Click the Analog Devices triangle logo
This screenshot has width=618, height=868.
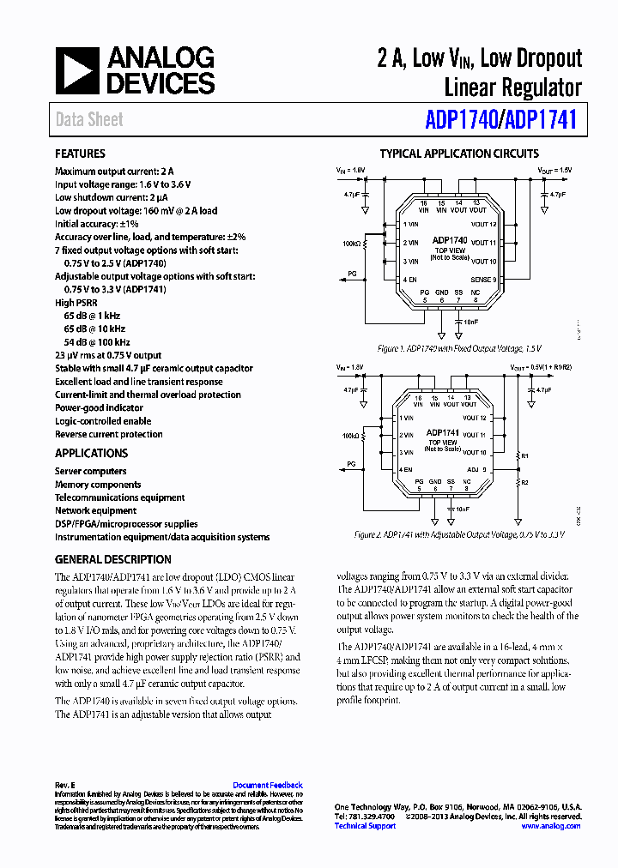[x=78, y=70]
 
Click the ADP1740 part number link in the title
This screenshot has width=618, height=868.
[x=461, y=120]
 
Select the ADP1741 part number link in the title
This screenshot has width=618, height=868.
[x=541, y=120]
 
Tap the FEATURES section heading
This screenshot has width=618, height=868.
[x=80, y=154]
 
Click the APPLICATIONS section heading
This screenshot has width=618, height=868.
[x=91, y=453]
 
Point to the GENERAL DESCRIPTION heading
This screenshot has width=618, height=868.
[x=112, y=559]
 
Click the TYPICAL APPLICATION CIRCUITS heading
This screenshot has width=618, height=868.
[x=459, y=154]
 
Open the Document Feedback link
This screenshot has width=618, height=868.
[x=268, y=785]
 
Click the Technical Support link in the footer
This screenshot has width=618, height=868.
[x=365, y=826]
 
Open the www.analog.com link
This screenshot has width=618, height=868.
[x=551, y=826]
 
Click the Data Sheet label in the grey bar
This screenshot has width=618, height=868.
[x=89, y=120]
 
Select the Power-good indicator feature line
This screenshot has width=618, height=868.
[x=99, y=408]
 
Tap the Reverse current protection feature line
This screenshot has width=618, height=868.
[x=108, y=434]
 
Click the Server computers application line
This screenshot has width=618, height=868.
[x=90, y=471]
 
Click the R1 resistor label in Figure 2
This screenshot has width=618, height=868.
[x=525, y=456]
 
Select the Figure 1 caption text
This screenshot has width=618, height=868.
[x=451, y=349]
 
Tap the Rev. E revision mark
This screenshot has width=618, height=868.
[x=65, y=785]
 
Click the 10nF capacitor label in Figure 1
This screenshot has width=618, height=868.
[x=471, y=321]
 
